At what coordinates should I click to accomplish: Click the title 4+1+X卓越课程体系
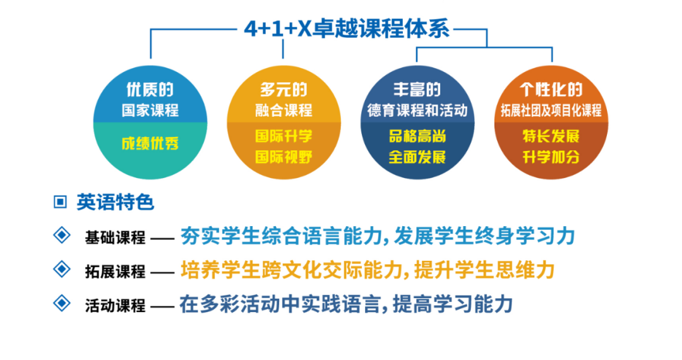coord(347,28)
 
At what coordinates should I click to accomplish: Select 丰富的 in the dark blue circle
coord(417,89)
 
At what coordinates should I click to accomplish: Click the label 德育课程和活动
coord(417,110)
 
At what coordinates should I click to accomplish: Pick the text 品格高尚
coord(417,136)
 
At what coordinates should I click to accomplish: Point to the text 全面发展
coord(417,156)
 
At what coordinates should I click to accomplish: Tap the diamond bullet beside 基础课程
coord(61,236)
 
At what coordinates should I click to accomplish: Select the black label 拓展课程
coord(115,271)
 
